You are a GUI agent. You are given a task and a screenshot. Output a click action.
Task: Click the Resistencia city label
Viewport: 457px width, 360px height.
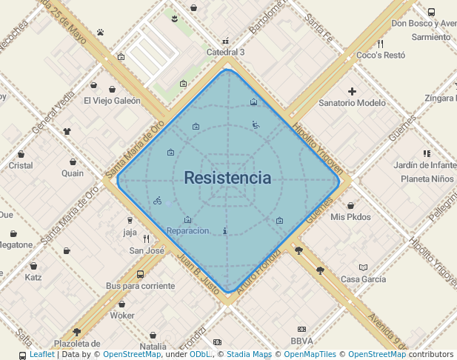[227, 179]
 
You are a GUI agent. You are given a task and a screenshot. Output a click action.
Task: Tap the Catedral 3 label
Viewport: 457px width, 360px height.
[225, 53]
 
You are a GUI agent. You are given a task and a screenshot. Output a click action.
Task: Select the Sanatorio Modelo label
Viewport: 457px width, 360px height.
[352, 103]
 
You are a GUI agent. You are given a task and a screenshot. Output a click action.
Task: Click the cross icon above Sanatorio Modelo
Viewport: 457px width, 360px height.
[352, 91]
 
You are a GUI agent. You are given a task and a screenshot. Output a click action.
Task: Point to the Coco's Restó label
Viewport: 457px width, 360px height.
[380, 56]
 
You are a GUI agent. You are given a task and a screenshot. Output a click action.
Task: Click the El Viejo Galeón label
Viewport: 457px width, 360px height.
[112, 101]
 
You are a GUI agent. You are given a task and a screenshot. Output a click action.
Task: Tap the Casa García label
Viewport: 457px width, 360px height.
[363, 279]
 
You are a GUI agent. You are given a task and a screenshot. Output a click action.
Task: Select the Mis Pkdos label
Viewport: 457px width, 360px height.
[350, 217]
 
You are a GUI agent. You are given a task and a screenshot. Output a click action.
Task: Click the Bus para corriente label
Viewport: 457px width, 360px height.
[141, 286]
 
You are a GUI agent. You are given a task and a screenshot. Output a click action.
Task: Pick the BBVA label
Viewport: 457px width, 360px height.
[301, 341]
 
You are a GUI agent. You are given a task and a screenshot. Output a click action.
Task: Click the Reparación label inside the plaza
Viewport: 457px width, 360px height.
[187, 231]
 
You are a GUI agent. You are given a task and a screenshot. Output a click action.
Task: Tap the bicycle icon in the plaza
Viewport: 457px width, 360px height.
[157, 200]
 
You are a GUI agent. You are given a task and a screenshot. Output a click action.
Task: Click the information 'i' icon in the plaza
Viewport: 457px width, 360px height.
[224, 230]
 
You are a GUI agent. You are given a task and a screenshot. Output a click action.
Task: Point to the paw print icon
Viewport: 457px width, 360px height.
[100, 32]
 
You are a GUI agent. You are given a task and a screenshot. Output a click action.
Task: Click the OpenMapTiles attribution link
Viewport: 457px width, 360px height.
[310, 355]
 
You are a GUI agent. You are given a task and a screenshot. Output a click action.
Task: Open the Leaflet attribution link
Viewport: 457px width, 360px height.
[41, 355]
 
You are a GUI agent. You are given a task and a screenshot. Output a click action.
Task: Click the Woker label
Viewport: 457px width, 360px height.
[122, 316]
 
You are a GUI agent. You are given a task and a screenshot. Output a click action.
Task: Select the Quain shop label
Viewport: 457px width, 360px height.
[73, 173]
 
